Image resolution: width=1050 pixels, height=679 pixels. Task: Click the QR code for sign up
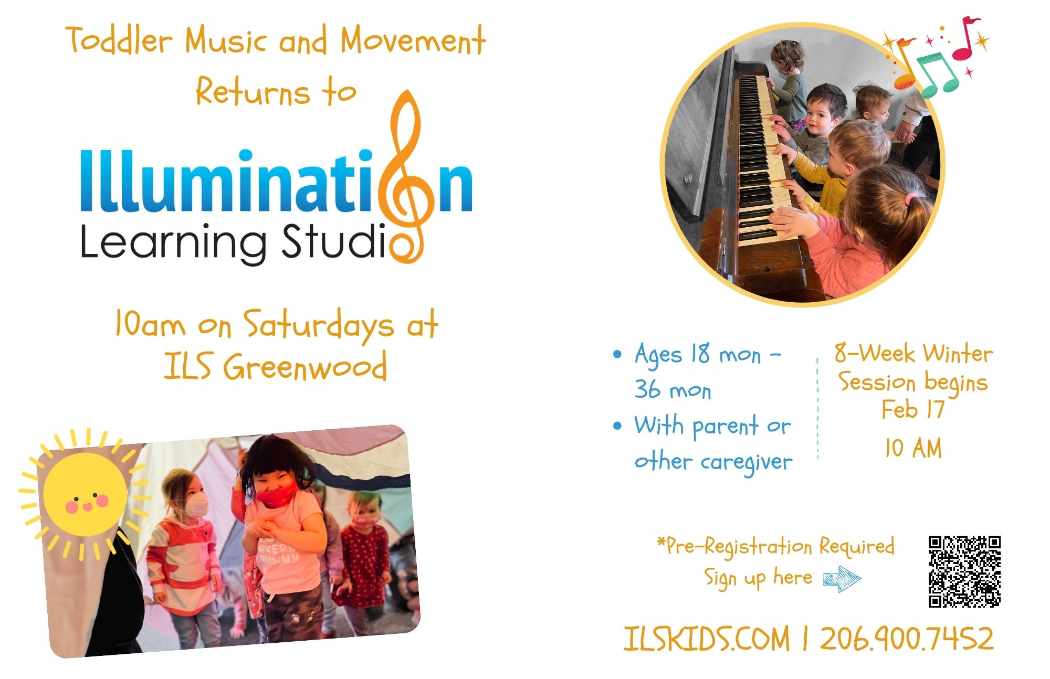pos(964,571)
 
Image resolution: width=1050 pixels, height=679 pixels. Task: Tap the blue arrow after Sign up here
pos(842,579)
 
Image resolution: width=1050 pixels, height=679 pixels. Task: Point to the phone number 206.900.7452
pos(907,639)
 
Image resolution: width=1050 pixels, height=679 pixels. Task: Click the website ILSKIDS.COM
pos(707,639)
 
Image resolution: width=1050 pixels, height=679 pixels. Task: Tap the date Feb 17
pos(913,409)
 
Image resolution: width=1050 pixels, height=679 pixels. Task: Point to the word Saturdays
pos(319,325)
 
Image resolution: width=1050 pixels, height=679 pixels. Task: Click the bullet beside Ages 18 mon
pos(617,354)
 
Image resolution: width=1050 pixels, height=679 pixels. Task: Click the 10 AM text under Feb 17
pos(913,448)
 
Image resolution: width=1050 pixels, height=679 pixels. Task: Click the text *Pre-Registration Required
pos(775,546)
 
